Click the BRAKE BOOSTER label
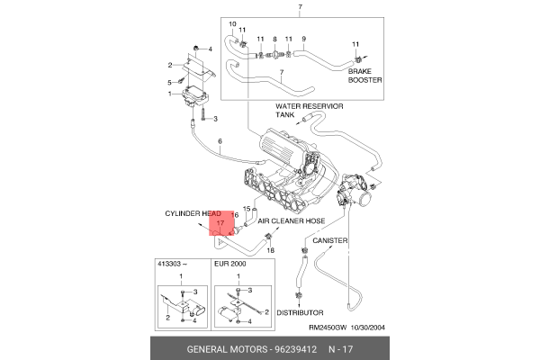coord(365,75)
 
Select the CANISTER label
coord(330,241)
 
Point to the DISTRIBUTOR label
coord(300,313)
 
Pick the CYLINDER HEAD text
coord(193,214)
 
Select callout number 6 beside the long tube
coord(220,142)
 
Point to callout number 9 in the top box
coord(303,38)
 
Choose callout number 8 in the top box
coord(274,40)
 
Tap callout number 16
coord(234,216)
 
